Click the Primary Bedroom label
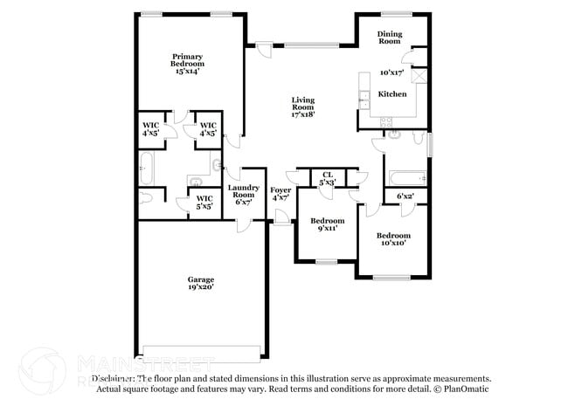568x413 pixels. coord(187,59)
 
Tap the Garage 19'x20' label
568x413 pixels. coord(200,283)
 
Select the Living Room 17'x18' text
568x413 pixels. coord(302,107)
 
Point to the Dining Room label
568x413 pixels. coord(389,37)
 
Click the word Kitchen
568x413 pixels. coord(391,93)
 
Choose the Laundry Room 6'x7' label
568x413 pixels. coord(243,194)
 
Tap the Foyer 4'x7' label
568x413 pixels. coord(281,194)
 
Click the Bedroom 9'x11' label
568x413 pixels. coord(328,224)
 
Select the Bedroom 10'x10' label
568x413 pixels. coord(393,239)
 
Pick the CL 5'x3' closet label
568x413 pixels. coord(328,179)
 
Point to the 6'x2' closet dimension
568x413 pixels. coord(405,196)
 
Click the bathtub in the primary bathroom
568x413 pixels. coord(146,165)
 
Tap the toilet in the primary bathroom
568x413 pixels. coord(145,196)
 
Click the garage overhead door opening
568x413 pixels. coord(202,353)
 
